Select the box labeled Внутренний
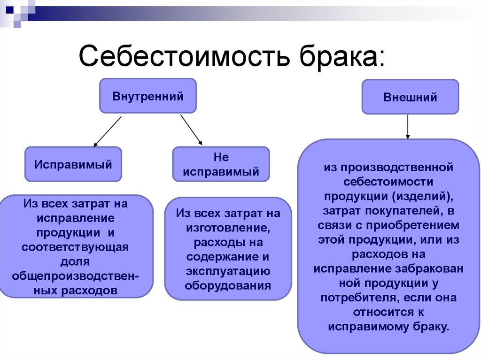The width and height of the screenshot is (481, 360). [x=147, y=96]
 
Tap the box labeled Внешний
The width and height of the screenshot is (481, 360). [x=410, y=97]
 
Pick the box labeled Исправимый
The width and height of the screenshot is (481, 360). [x=73, y=165]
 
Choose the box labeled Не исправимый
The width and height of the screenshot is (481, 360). [x=221, y=165]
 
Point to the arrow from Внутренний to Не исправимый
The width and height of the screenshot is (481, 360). [x=191, y=129]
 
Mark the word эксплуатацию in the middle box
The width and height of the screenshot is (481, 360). [x=227, y=271]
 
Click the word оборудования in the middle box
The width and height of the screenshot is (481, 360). [x=228, y=285]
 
